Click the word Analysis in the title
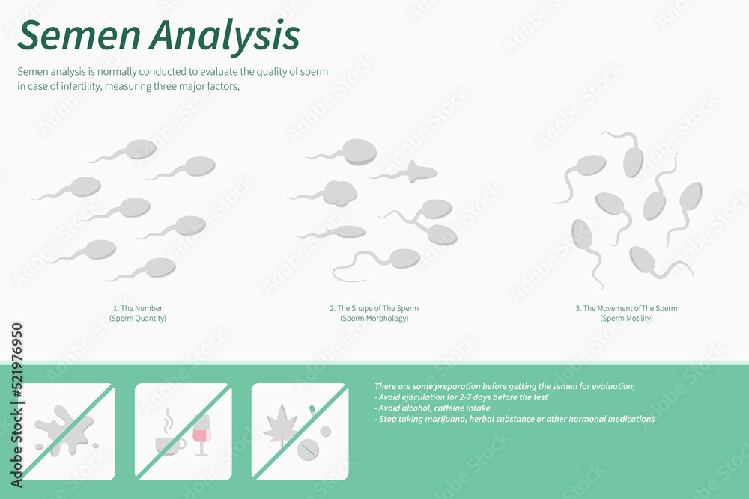click(224, 35)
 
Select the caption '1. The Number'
click(138, 308)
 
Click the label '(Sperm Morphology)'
click(374, 318)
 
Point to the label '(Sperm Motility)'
click(626, 318)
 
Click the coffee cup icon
click(169, 444)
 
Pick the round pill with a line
click(307, 450)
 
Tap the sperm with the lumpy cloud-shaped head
click(339, 193)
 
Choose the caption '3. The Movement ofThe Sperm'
click(626, 308)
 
